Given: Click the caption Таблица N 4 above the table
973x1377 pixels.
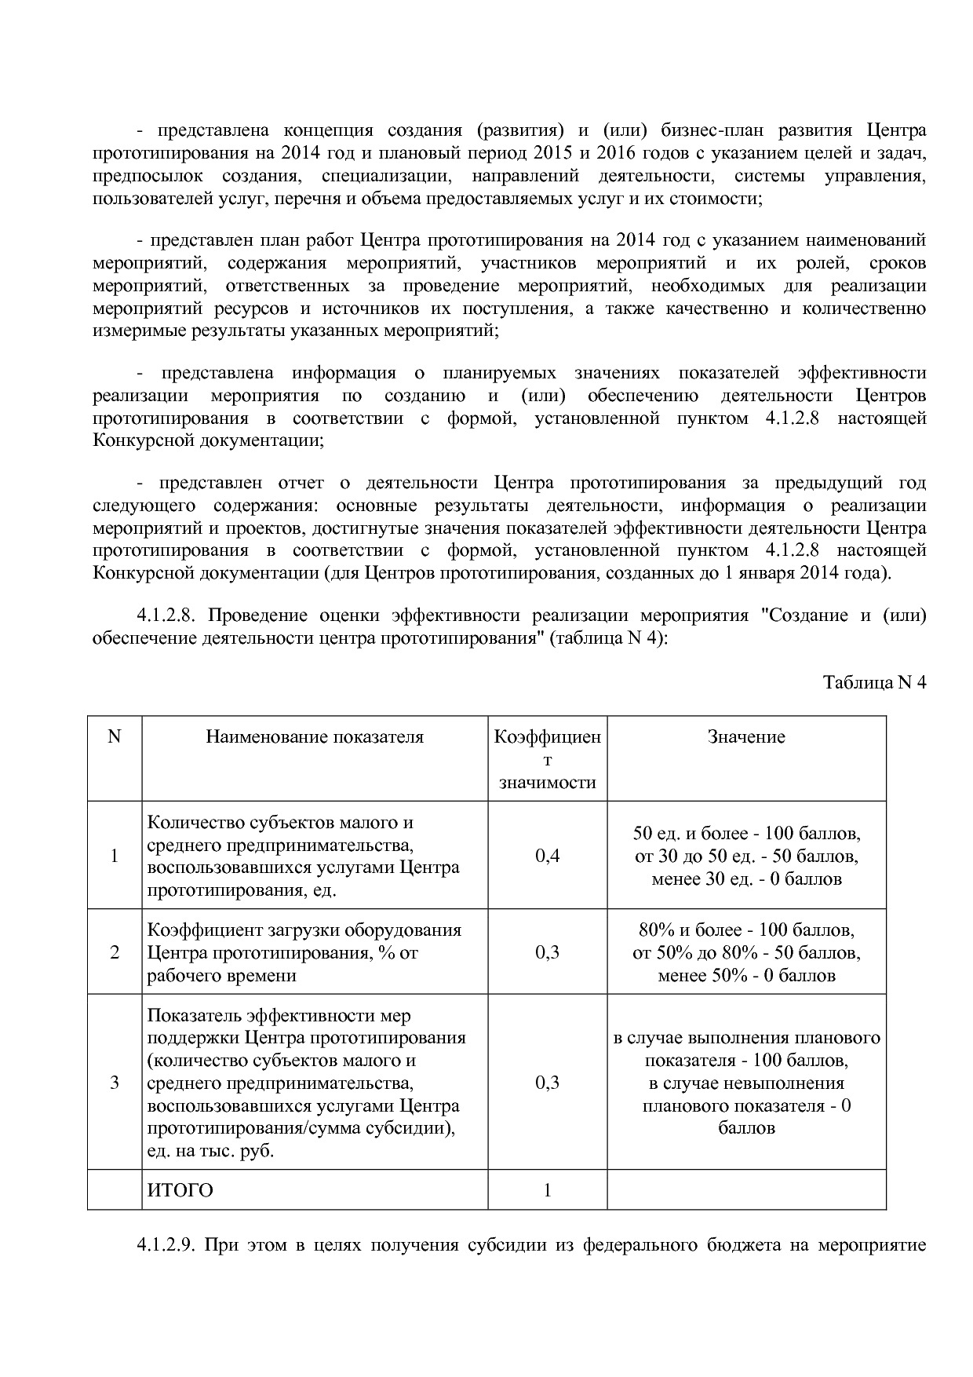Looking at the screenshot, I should (x=874, y=682).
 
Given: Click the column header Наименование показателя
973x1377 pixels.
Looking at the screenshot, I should (x=315, y=736).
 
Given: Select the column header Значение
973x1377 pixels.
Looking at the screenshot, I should (x=746, y=736).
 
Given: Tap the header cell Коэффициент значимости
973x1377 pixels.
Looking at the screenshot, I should (x=547, y=759).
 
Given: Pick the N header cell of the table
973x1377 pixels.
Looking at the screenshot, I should (x=115, y=736).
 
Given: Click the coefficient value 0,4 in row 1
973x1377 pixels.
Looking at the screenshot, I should (x=547, y=856).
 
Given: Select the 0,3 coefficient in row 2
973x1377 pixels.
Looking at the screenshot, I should (x=547, y=952).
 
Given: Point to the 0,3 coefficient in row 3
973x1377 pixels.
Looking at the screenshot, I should (x=547, y=1083).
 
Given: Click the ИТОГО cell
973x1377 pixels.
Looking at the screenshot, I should (x=180, y=1190).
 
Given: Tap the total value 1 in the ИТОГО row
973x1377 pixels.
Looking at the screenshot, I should (x=547, y=1190).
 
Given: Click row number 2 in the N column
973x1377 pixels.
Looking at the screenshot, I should (x=115, y=952).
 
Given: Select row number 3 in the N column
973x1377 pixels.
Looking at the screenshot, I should (x=115, y=1083).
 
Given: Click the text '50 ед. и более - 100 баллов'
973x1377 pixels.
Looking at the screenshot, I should (x=746, y=833).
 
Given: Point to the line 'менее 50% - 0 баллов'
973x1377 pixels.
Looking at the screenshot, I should (x=746, y=976).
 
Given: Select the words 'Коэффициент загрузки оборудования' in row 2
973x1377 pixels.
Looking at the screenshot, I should (x=304, y=930).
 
